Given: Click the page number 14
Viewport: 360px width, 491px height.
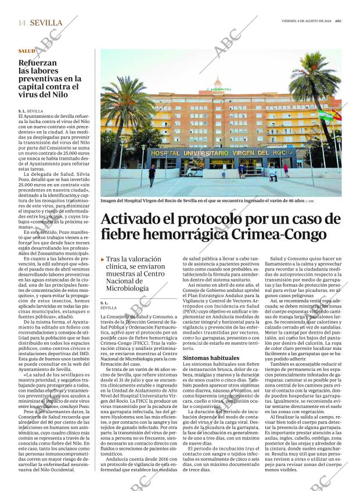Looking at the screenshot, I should click(x=21, y=23).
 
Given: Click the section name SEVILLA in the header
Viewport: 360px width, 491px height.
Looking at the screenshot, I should click(x=46, y=23).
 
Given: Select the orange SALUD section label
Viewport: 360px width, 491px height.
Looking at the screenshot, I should click(x=26, y=51).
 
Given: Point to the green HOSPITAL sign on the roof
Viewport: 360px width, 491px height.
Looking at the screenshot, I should click(x=218, y=89).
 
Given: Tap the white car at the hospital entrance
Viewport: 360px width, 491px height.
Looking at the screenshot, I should click(x=193, y=172).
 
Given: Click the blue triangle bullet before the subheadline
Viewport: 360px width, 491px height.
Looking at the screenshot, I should click(x=103, y=260).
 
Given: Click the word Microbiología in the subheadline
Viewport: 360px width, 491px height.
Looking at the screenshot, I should click(x=128, y=288).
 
